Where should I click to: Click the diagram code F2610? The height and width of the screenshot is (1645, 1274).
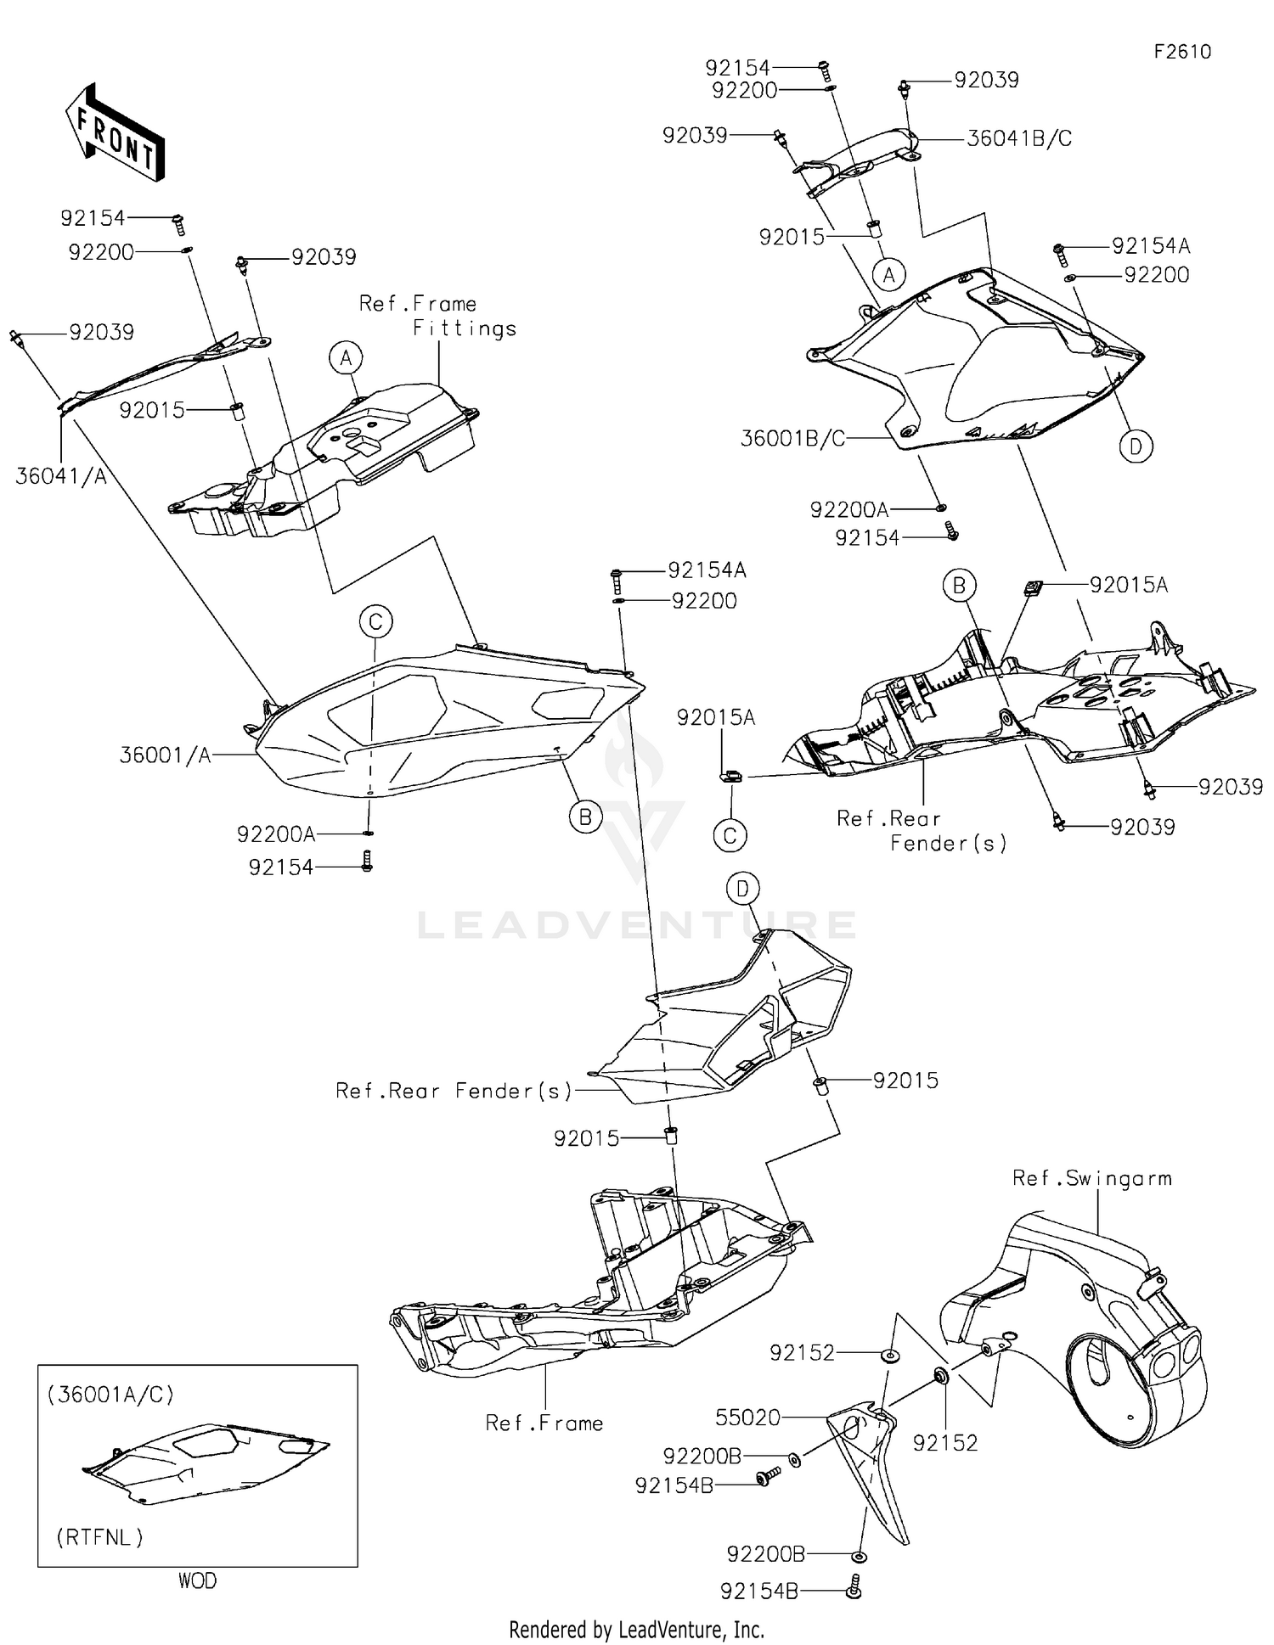[x=1181, y=53]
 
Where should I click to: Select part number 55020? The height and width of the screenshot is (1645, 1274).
[x=747, y=1417]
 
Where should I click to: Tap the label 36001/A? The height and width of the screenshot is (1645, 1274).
[x=165, y=755]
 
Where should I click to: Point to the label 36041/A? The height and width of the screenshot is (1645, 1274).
[x=61, y=477]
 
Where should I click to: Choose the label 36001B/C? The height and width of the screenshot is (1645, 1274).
[x=792, y=439]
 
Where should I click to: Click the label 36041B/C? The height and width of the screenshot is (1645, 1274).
[x=1018, y=139]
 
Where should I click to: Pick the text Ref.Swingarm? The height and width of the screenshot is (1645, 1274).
[x=1091, y=1178]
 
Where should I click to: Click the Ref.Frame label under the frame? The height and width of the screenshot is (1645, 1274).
[x=544, y=1423]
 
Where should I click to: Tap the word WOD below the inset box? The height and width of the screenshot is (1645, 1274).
[x=197, y=1580]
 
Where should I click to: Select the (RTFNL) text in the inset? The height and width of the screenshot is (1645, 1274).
[x=99, y=1537]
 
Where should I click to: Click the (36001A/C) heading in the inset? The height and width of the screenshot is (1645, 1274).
[x=110, y=1395]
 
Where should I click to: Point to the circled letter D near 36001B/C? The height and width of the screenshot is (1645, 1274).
[x=1136, y=446]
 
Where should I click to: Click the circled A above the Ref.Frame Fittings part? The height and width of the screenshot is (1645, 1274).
[x=346, y=358]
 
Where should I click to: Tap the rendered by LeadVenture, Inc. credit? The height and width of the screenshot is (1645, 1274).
[x=636, y=1629]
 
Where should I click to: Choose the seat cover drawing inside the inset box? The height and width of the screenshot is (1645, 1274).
[x=204, y=1464]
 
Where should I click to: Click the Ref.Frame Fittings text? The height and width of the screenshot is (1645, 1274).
[x=437, y=316]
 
